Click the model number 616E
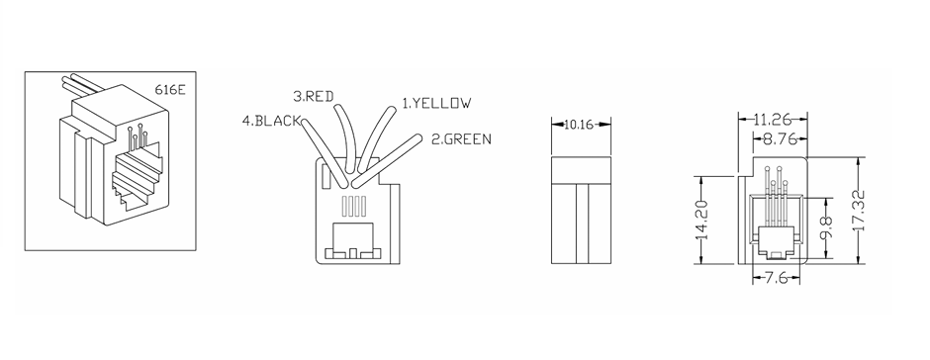click(170, 90)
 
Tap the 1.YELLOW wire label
click(436, 103)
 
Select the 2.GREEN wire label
click(461, 139)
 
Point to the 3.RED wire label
click(314, 96)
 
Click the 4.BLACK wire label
click(272, 121)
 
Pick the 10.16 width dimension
click(579, 124)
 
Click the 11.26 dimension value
click(773, 120)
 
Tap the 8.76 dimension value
click(780, 140)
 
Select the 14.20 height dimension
click(702, 220)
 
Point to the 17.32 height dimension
click(861, 211)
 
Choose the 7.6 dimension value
click(776, 278)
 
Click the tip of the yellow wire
click(391, 110)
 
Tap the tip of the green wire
click(418, 138)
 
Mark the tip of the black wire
click(305, 121)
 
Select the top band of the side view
click(582, 170)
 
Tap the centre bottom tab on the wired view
click(353, 254)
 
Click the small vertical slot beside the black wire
click(325, 177)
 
